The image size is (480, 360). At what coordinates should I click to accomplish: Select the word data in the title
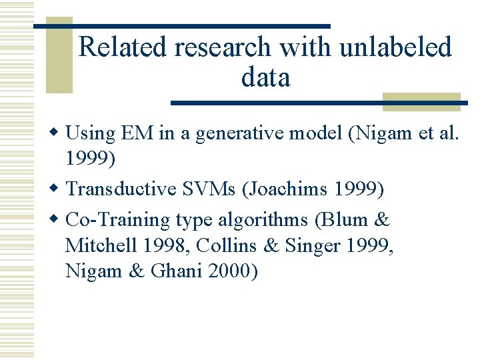coord(265,78)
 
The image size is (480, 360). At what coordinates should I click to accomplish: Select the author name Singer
coord(313,246)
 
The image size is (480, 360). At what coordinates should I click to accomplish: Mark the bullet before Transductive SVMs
coord(59,190)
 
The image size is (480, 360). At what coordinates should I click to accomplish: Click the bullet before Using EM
coord(59,134)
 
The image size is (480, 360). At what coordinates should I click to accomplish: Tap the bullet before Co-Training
coord(59,220)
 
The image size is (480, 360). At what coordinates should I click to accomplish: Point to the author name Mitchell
coord(101,246)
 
